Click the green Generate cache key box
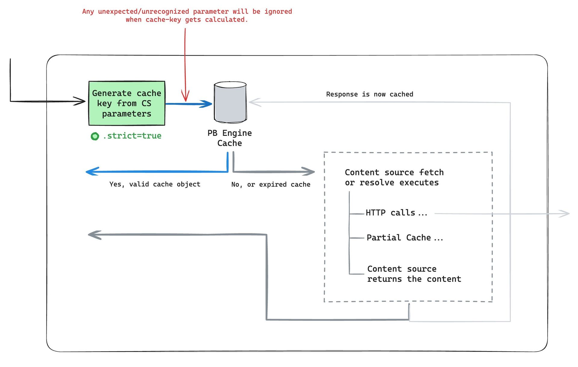(x=127, y=103)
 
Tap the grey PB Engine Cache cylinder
(x=230, y=102)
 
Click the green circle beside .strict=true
(x=95, y=136)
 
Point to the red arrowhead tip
(x=185, y=101)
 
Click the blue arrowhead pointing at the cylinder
(x=208, y=104)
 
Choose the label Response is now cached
(x=369, y=94)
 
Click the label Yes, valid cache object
(x=155, y=184)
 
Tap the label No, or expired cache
(x=271, y=185)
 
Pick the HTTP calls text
(x=396, y=213)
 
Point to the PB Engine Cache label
(x=230, y=138)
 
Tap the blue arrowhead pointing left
(x=90, y=172)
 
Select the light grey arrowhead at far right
(x=566, y=213)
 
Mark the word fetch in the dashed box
(x=431, y=173)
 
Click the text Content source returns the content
(x=414, y=274)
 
